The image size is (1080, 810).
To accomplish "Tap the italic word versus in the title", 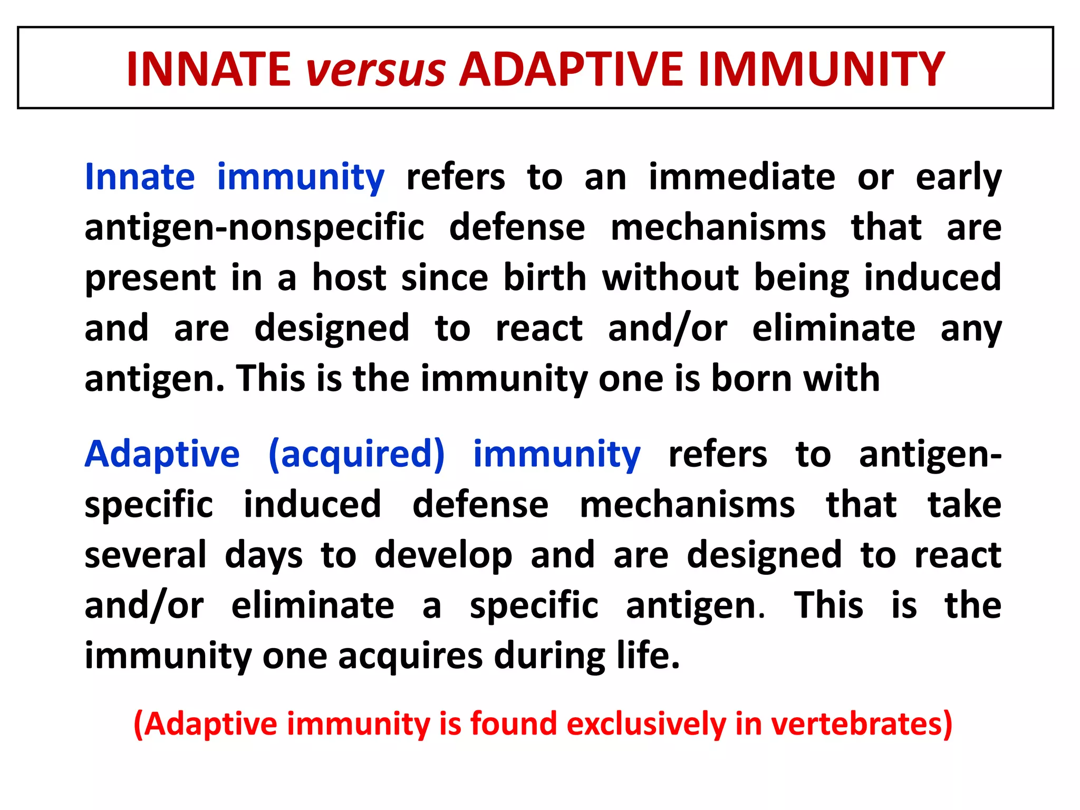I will coord(375,70).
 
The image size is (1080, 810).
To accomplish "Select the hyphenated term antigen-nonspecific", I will coord(254,228).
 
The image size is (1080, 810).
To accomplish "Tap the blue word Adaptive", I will coord(162,455).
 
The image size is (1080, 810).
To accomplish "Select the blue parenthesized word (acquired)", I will coord(356,455).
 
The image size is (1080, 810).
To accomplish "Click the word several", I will coord(146,555).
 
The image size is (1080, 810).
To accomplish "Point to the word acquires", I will coord(410,657).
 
